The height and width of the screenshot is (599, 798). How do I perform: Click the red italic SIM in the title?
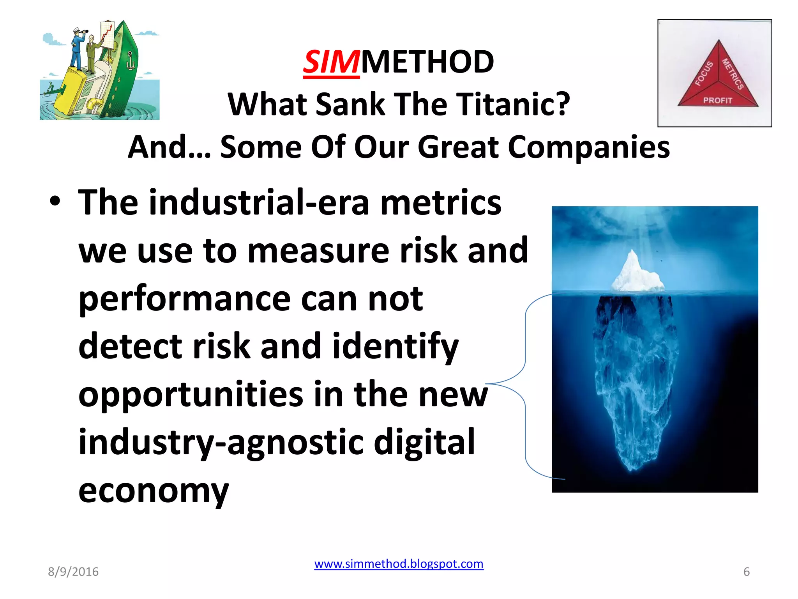tap(331, 62)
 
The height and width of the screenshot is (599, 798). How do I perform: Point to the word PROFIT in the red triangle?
tap(717, 101)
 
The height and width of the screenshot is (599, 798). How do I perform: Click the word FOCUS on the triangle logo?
tap(704, 73)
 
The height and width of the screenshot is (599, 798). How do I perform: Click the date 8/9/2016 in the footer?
tap(73, 572)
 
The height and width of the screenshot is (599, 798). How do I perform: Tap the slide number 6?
tap(747, 572)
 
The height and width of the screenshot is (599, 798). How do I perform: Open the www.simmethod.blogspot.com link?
tap(399, 564)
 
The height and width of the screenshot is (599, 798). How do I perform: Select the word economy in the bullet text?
tap(154, 491)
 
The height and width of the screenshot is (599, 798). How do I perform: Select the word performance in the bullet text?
tap(185, 299)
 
